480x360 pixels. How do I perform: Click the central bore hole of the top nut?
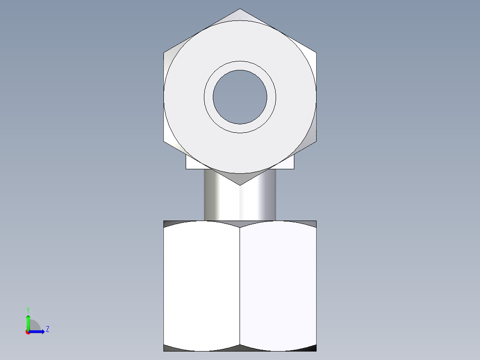[240, 97]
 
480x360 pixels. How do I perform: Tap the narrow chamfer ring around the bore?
[240, 65]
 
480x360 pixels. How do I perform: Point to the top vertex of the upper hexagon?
[240, 9]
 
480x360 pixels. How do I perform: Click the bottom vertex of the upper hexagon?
[240, 185]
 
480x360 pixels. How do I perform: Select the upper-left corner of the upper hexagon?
[164, 53]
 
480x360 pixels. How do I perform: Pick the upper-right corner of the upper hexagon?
[316, 53]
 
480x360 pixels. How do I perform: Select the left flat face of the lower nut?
[202, 285]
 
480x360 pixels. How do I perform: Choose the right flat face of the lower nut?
[278, 285]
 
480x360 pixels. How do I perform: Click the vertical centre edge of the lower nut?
[240, 285]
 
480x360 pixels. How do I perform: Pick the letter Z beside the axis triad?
[47, 329]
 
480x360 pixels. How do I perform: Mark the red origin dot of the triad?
[28, 332]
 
